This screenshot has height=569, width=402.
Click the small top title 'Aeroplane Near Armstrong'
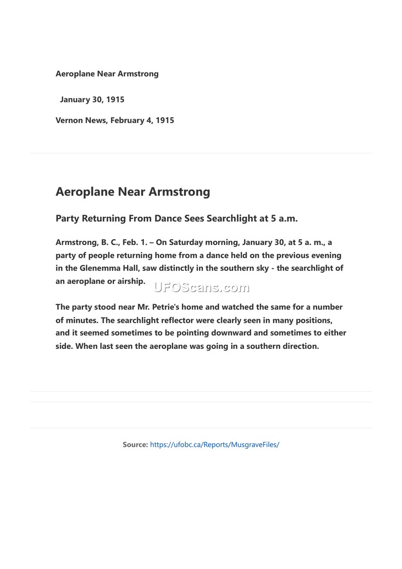(107, 74)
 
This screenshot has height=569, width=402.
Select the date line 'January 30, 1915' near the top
(92, 100)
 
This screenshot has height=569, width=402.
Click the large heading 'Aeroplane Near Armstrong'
(133, 192)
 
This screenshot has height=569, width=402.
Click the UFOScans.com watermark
(201, 288)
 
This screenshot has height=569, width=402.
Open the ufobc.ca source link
(215, 445)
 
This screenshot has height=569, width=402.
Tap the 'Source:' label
(135, 445)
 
